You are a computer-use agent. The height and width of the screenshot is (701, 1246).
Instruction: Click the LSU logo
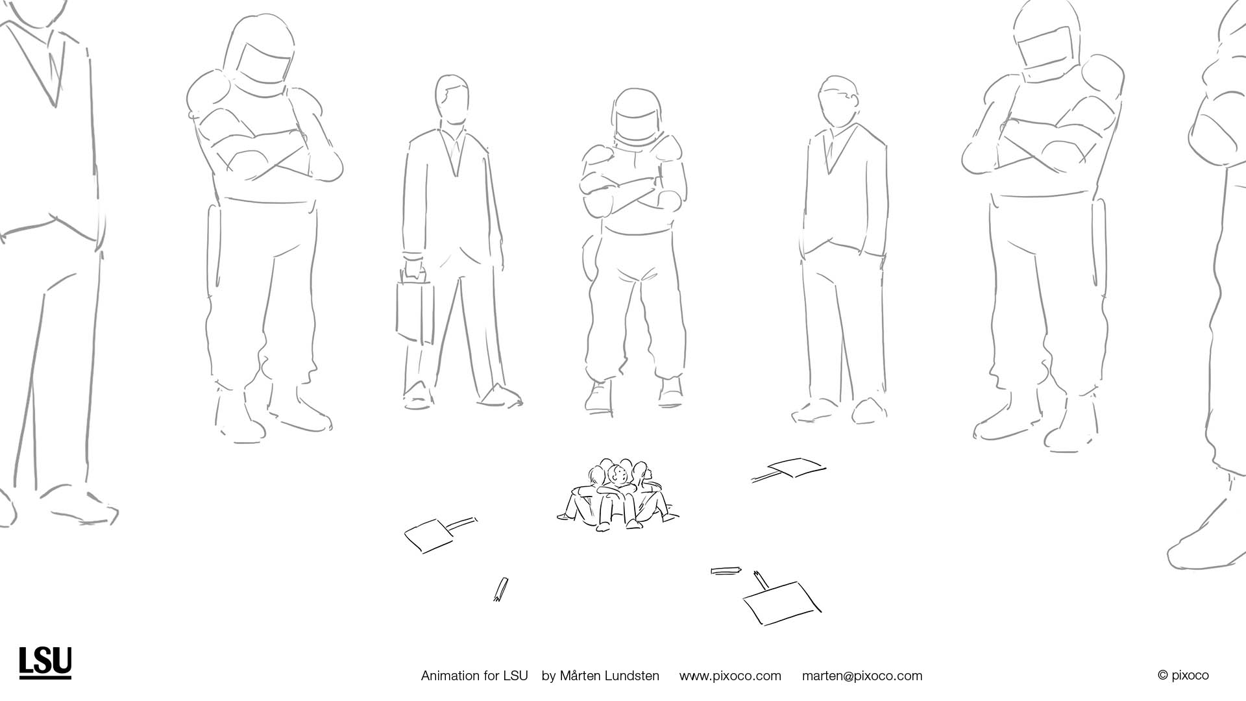pyautogui.click(x=45, y=663)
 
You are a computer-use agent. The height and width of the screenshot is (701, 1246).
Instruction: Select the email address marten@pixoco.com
pyautogui.click(x=862, y=676)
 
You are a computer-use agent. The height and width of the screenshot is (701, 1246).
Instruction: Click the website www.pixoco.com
pyautogui.click(x=730, y=676)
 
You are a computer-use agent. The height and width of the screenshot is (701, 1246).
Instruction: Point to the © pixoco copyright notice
pyautogui.click(x=1183, y=676)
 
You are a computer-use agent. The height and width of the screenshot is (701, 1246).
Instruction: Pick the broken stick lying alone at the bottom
pyautogui.click(x=500, y=589)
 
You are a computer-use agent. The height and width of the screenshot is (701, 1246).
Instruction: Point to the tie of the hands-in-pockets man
pyautogui.click(x=829, y=150)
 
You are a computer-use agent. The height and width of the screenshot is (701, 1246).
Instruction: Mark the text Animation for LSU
pyautogui.click(x=474, y=676)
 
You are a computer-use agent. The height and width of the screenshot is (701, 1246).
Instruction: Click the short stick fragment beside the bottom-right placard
pyautogui.click(x=726, y=571)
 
